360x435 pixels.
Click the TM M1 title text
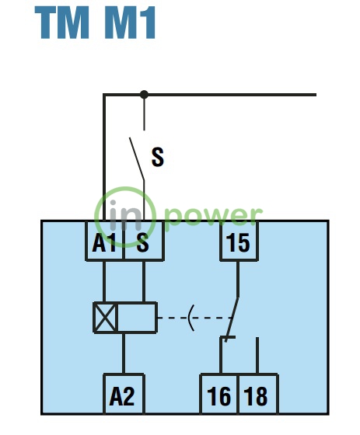pos(95,23)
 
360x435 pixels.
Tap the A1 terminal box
pos(104,241)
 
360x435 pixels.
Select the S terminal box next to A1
pos(143,241)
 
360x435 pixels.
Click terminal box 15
pos(239,241)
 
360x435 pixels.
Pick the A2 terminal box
pos(124,394)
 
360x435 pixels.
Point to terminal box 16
pos(219,394)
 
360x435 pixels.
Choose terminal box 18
pos(258,394)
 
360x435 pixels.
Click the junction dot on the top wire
pos(144,95)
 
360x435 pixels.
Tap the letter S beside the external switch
pos(158,157)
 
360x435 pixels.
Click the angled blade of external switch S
pos(137,158)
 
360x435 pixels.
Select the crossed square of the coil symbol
pos(105,318)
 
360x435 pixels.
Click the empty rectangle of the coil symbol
pos(137,318)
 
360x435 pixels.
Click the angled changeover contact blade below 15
pos(232,319)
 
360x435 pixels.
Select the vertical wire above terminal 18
pos(257,356)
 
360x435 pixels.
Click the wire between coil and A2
pos(124,353)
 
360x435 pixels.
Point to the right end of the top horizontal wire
pos(316,95)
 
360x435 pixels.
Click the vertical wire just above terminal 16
pos(221,355)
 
